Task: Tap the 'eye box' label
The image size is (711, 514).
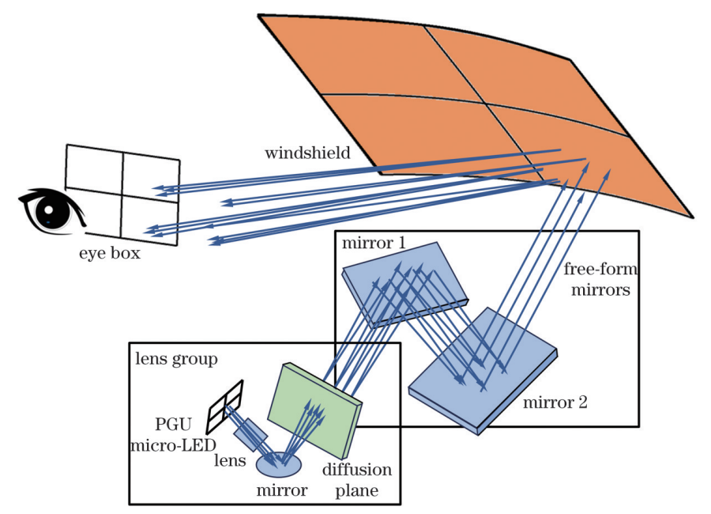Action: pos(109,255)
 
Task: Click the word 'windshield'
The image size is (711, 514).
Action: pos(307,153)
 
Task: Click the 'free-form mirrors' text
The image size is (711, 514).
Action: pos(601,279)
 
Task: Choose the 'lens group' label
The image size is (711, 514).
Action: pos(177,359)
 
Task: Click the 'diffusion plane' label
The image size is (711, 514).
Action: pos(357,480)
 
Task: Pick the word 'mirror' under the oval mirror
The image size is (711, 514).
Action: pos(281,491)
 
